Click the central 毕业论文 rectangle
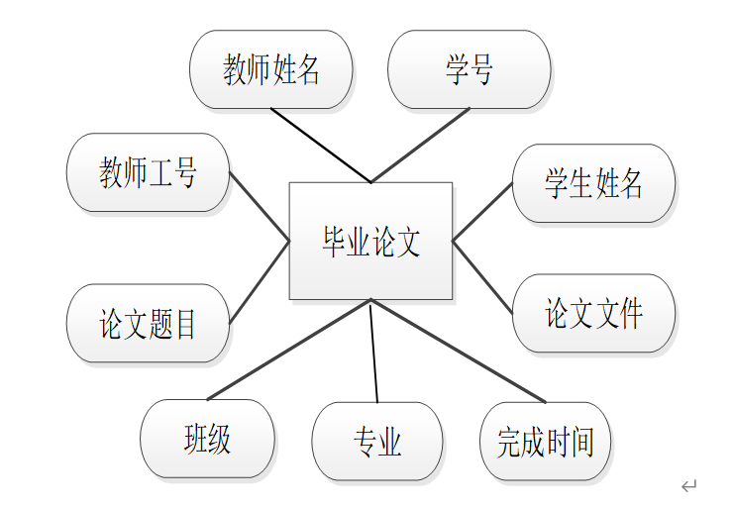coord(370,241)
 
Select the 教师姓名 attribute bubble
coord(271,69)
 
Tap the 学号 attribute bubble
coord(469,69)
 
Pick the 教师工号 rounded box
coord(148,172)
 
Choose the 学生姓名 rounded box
coord(593,183)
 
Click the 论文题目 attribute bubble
coord(148,324)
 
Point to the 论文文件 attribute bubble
coord(593,314)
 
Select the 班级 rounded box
coord(208,439)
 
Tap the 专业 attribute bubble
coord(377,442)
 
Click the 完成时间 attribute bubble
coord(545,442)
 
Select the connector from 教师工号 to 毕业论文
coord(260,207)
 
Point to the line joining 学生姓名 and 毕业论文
coord(482,212)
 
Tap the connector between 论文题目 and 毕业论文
coord(260,282)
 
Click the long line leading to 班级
coord(289,350)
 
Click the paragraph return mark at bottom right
coord(689,485)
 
